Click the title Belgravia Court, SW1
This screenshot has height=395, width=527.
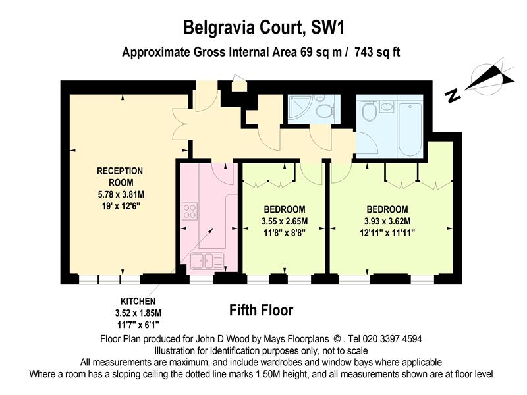tap(264, 27)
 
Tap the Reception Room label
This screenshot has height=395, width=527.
tap(120, 176)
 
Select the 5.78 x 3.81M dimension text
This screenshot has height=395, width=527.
tap(121, 194)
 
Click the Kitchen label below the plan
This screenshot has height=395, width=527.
tap(138, 301)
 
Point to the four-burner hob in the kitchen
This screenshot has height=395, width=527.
tap(190, 211)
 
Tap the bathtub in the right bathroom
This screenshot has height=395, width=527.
tap(410, 130)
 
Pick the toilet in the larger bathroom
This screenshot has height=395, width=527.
tap(369, 111)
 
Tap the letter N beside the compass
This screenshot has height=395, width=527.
tap(453, 96)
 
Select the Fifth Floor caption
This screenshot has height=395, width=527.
tap(261, 310)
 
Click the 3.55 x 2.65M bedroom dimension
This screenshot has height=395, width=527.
tap(285, 221)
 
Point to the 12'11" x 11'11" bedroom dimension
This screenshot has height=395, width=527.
tap(387, 233)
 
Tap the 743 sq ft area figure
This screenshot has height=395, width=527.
tap(377, 52)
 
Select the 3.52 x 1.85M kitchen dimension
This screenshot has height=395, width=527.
tap(138, 313)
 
